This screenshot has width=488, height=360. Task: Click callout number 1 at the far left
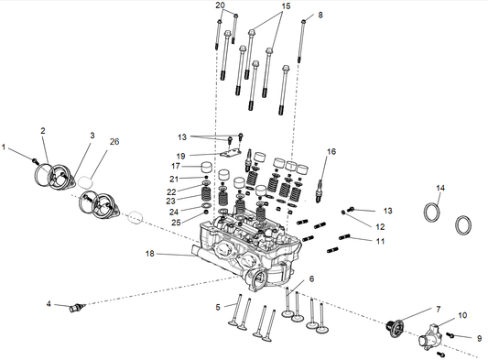[x=5, y=147]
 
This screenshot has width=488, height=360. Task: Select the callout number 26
[x=114, y=141]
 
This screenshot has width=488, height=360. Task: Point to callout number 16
[x=331, y=151]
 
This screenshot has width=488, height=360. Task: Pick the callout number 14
[x=440, y=188]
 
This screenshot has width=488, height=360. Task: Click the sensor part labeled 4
[x=77, y=306]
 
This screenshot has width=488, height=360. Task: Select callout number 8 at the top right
[x=320, y=15]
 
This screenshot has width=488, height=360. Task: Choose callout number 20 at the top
[x=220, y=5]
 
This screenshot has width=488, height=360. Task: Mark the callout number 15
[x=259, y=5]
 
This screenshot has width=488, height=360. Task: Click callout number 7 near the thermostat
[x=438, y=310]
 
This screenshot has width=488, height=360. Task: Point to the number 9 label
[x=477, y=338]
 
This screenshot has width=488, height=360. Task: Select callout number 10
[x=461, y=315]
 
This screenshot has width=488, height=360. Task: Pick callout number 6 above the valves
[x=310, y=278]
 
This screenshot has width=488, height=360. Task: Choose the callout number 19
[x=181, y=155]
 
